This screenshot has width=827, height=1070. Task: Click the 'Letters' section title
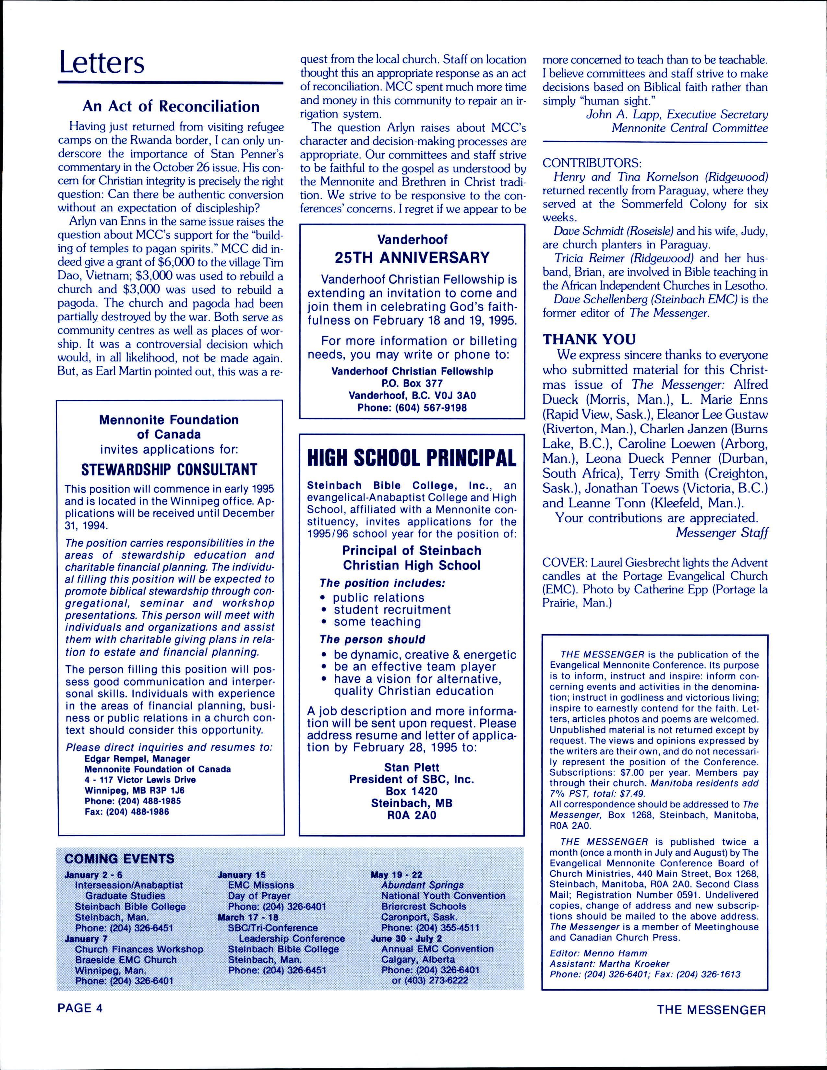coord(102,63)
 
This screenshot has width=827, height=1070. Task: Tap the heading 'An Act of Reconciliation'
coord(171,106)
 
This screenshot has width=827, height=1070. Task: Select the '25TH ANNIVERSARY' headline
coord(412,258)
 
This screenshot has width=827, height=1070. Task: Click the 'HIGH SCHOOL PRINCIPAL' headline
coord(412,458)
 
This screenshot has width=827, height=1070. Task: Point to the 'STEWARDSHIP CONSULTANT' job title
coord(169,470)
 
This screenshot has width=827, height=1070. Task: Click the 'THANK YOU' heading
coord(589,339)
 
